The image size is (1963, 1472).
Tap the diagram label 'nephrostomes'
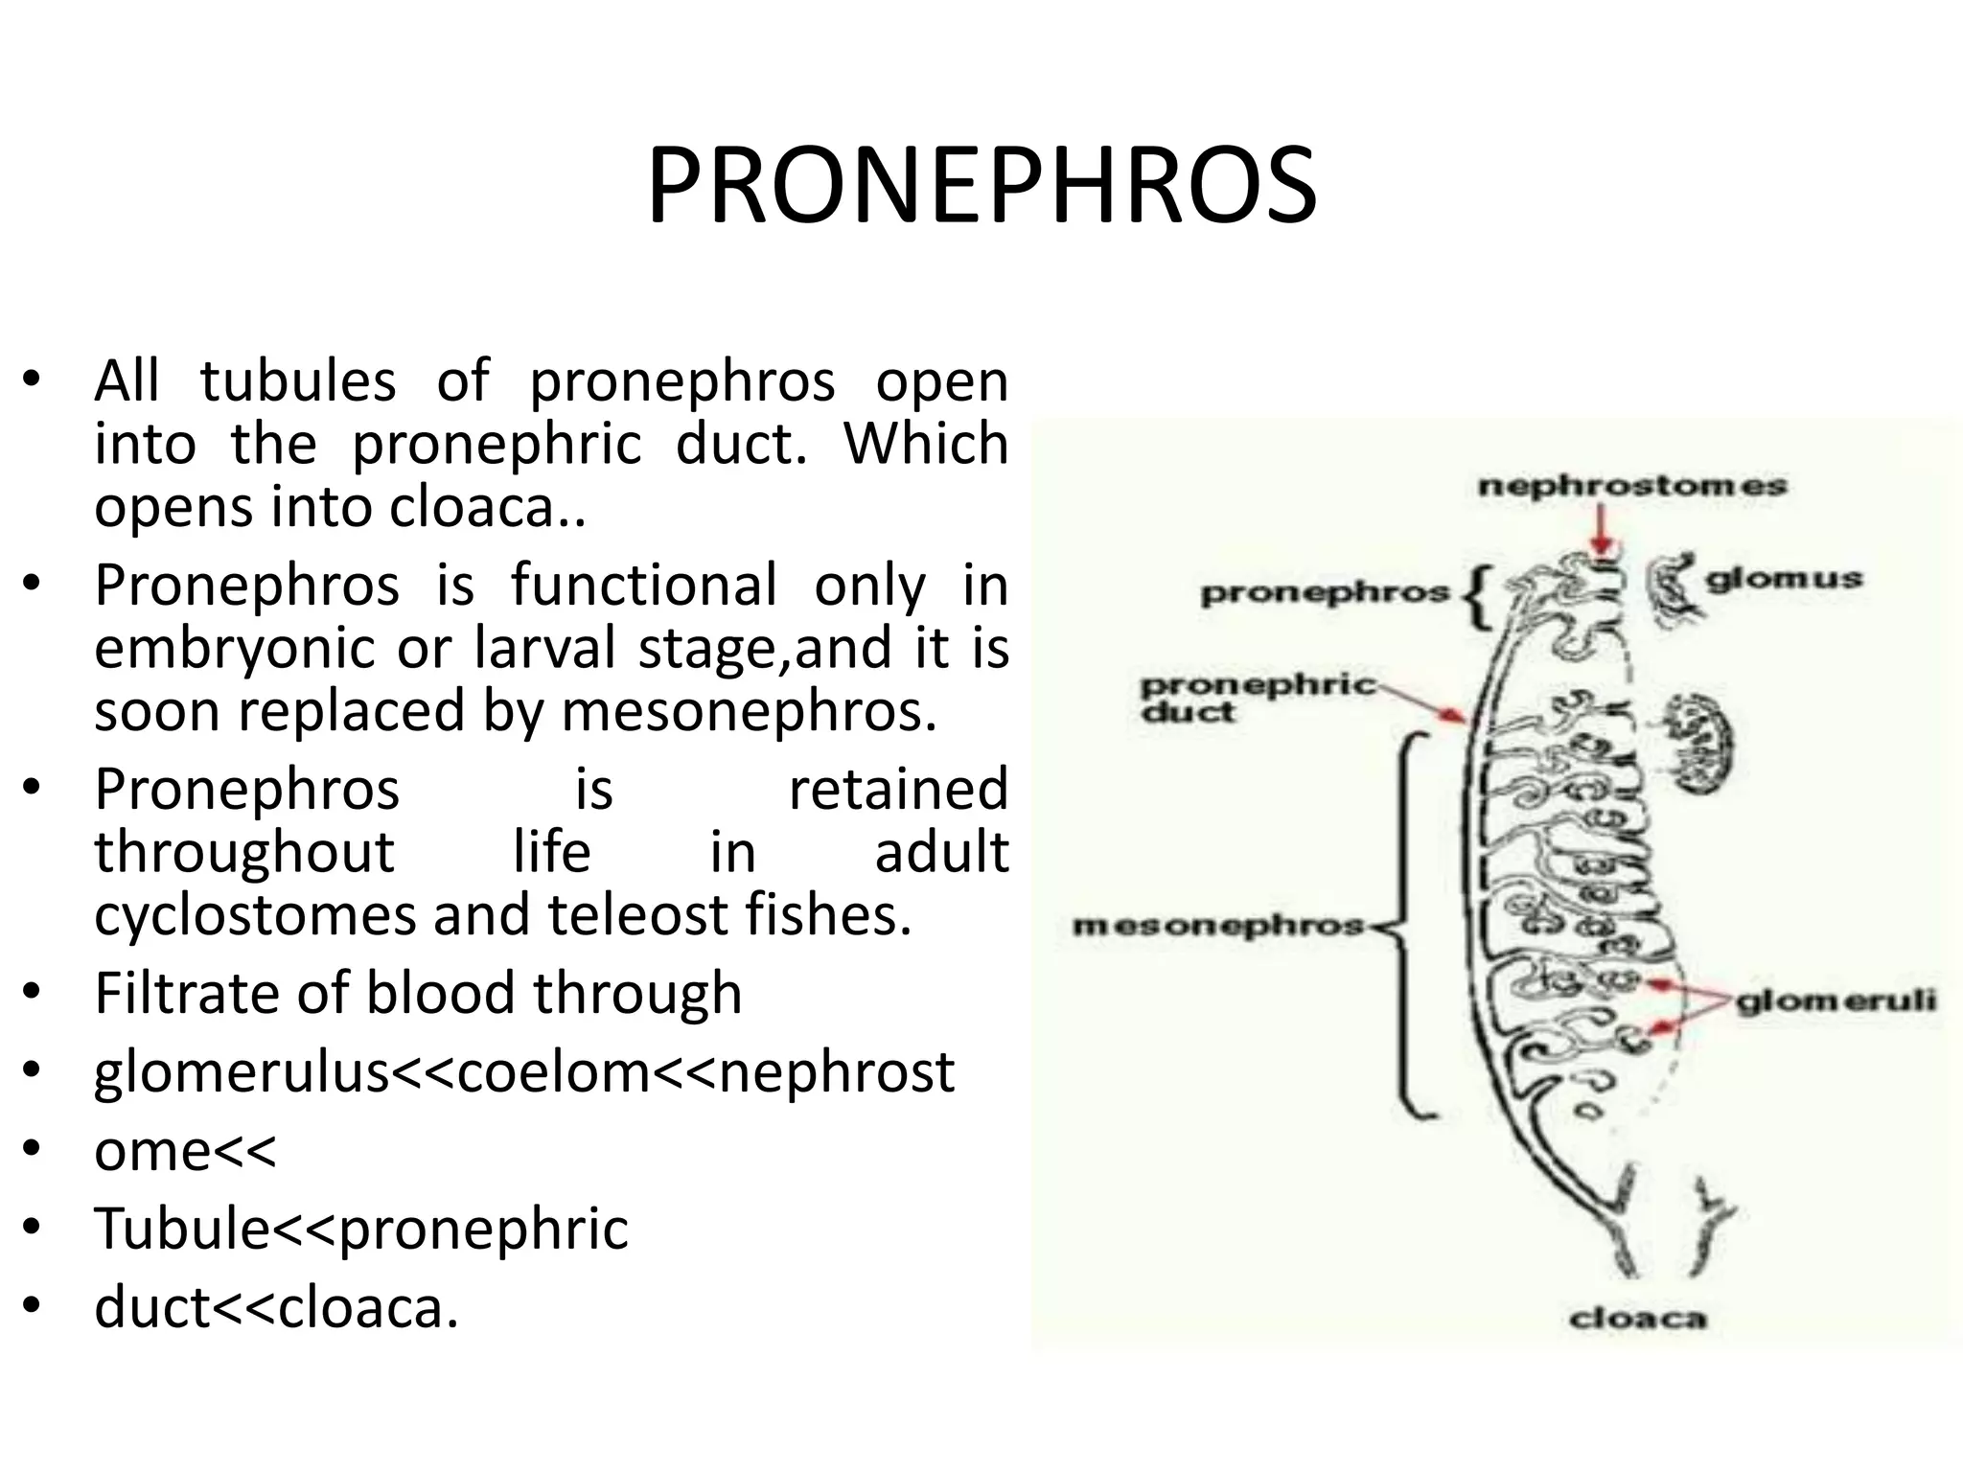[1632, 486]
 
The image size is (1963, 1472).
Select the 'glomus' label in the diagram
[1784, 579]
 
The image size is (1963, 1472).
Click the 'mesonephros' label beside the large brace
[1218, 926]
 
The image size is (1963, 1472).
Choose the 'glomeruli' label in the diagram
[1836, 1001]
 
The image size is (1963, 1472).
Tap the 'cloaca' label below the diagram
[1637, 1319]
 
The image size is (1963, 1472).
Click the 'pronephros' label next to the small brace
[1324, 593]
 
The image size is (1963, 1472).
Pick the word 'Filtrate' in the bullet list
[188, 993]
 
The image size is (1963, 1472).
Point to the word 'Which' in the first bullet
[925, 444]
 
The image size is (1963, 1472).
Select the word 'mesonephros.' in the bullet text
[749, 711]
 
